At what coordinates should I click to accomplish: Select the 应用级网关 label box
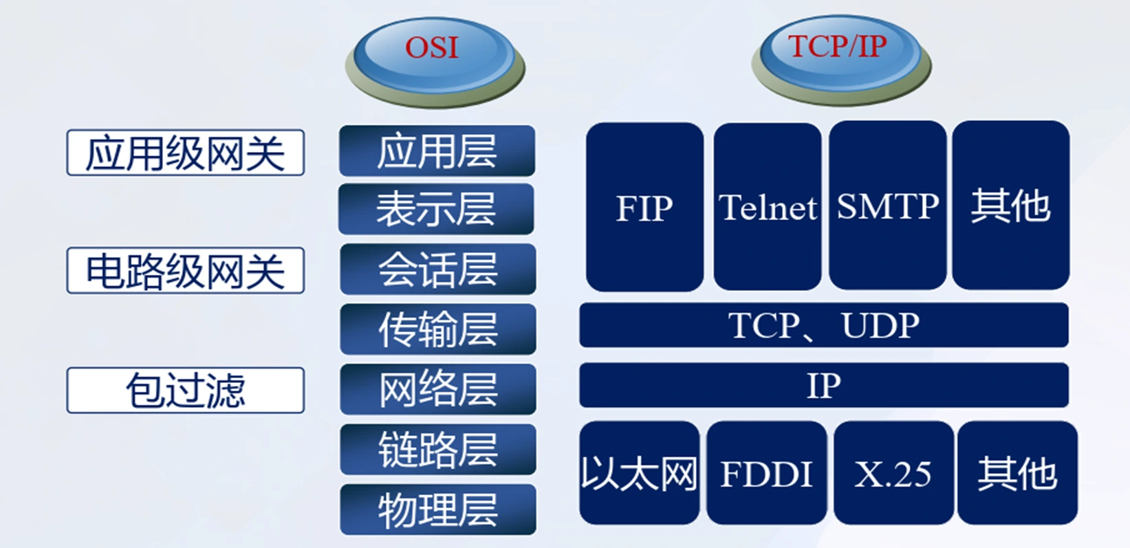coord(185,153)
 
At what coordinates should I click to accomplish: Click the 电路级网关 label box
coord(185,270)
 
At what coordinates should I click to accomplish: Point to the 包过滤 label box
coord(185,390)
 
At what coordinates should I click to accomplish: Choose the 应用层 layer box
coord(437,151)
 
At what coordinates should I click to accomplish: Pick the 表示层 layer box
coord(436,209)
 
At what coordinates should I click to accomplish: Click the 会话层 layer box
coord(437,269)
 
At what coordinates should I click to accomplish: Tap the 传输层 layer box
coord(437,329)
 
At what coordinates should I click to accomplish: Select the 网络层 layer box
coord(437,389)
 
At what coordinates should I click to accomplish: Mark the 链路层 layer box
coord(437,449)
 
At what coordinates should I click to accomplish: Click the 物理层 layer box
coord(437,509)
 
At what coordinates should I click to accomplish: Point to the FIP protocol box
coord(644,207)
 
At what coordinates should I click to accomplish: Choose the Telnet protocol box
coord(767,207)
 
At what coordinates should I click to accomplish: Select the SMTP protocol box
coord(887,206)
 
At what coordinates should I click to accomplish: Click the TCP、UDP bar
coord(823,325)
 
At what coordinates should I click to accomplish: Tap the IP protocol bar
coord(823,385)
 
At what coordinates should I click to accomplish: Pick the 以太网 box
coord(639,473)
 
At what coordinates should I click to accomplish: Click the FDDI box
coord(766,473)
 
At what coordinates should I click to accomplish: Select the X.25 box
coord(893,473)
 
